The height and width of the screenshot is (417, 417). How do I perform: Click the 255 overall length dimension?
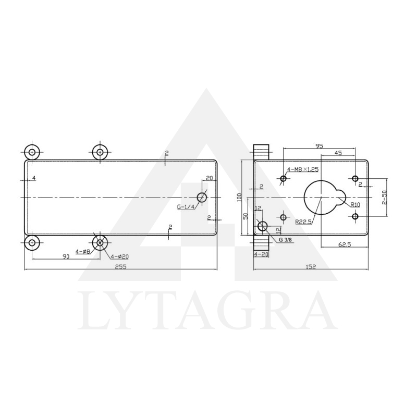pos(120,266)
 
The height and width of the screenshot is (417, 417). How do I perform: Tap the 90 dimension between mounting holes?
pos(66,256)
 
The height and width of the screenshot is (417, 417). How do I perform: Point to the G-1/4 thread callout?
pos(186,207)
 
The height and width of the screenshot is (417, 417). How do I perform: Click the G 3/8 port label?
pos(285,240)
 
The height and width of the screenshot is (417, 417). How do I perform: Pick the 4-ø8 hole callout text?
pos(83,251)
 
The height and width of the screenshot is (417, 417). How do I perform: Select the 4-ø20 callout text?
pos(119,256)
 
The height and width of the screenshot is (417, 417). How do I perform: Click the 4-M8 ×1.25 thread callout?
pos(303,169)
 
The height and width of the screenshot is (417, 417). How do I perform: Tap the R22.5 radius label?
pos(303,222)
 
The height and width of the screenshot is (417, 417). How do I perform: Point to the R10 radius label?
pos(355,205)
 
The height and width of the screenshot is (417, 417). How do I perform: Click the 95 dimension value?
pos(318,145)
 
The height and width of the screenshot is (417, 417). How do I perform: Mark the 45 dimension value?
pos(338,153)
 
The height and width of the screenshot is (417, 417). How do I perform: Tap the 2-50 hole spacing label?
pos(384,198)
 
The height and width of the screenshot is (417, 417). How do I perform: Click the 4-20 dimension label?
pos(261,254)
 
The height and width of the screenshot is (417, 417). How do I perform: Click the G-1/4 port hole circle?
pos(202,197)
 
